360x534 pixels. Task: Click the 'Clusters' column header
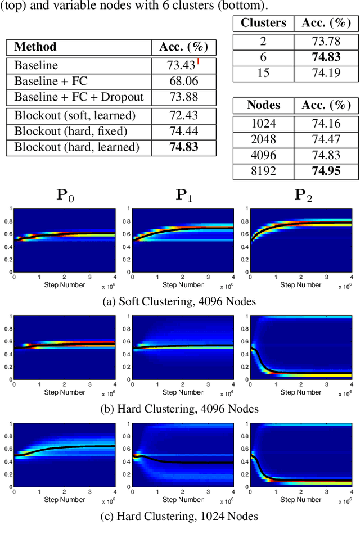point(264,23)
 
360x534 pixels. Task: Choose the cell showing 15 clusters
point(263,73)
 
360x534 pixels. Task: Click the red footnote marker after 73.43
point(198,61)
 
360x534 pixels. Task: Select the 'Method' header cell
point(35,47)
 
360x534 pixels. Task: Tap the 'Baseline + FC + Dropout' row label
point(79,97)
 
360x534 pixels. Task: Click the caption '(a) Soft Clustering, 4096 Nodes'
point(179,301)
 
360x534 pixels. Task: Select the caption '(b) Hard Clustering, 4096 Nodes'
point(179,409)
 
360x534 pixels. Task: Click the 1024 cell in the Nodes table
point(263,123)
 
